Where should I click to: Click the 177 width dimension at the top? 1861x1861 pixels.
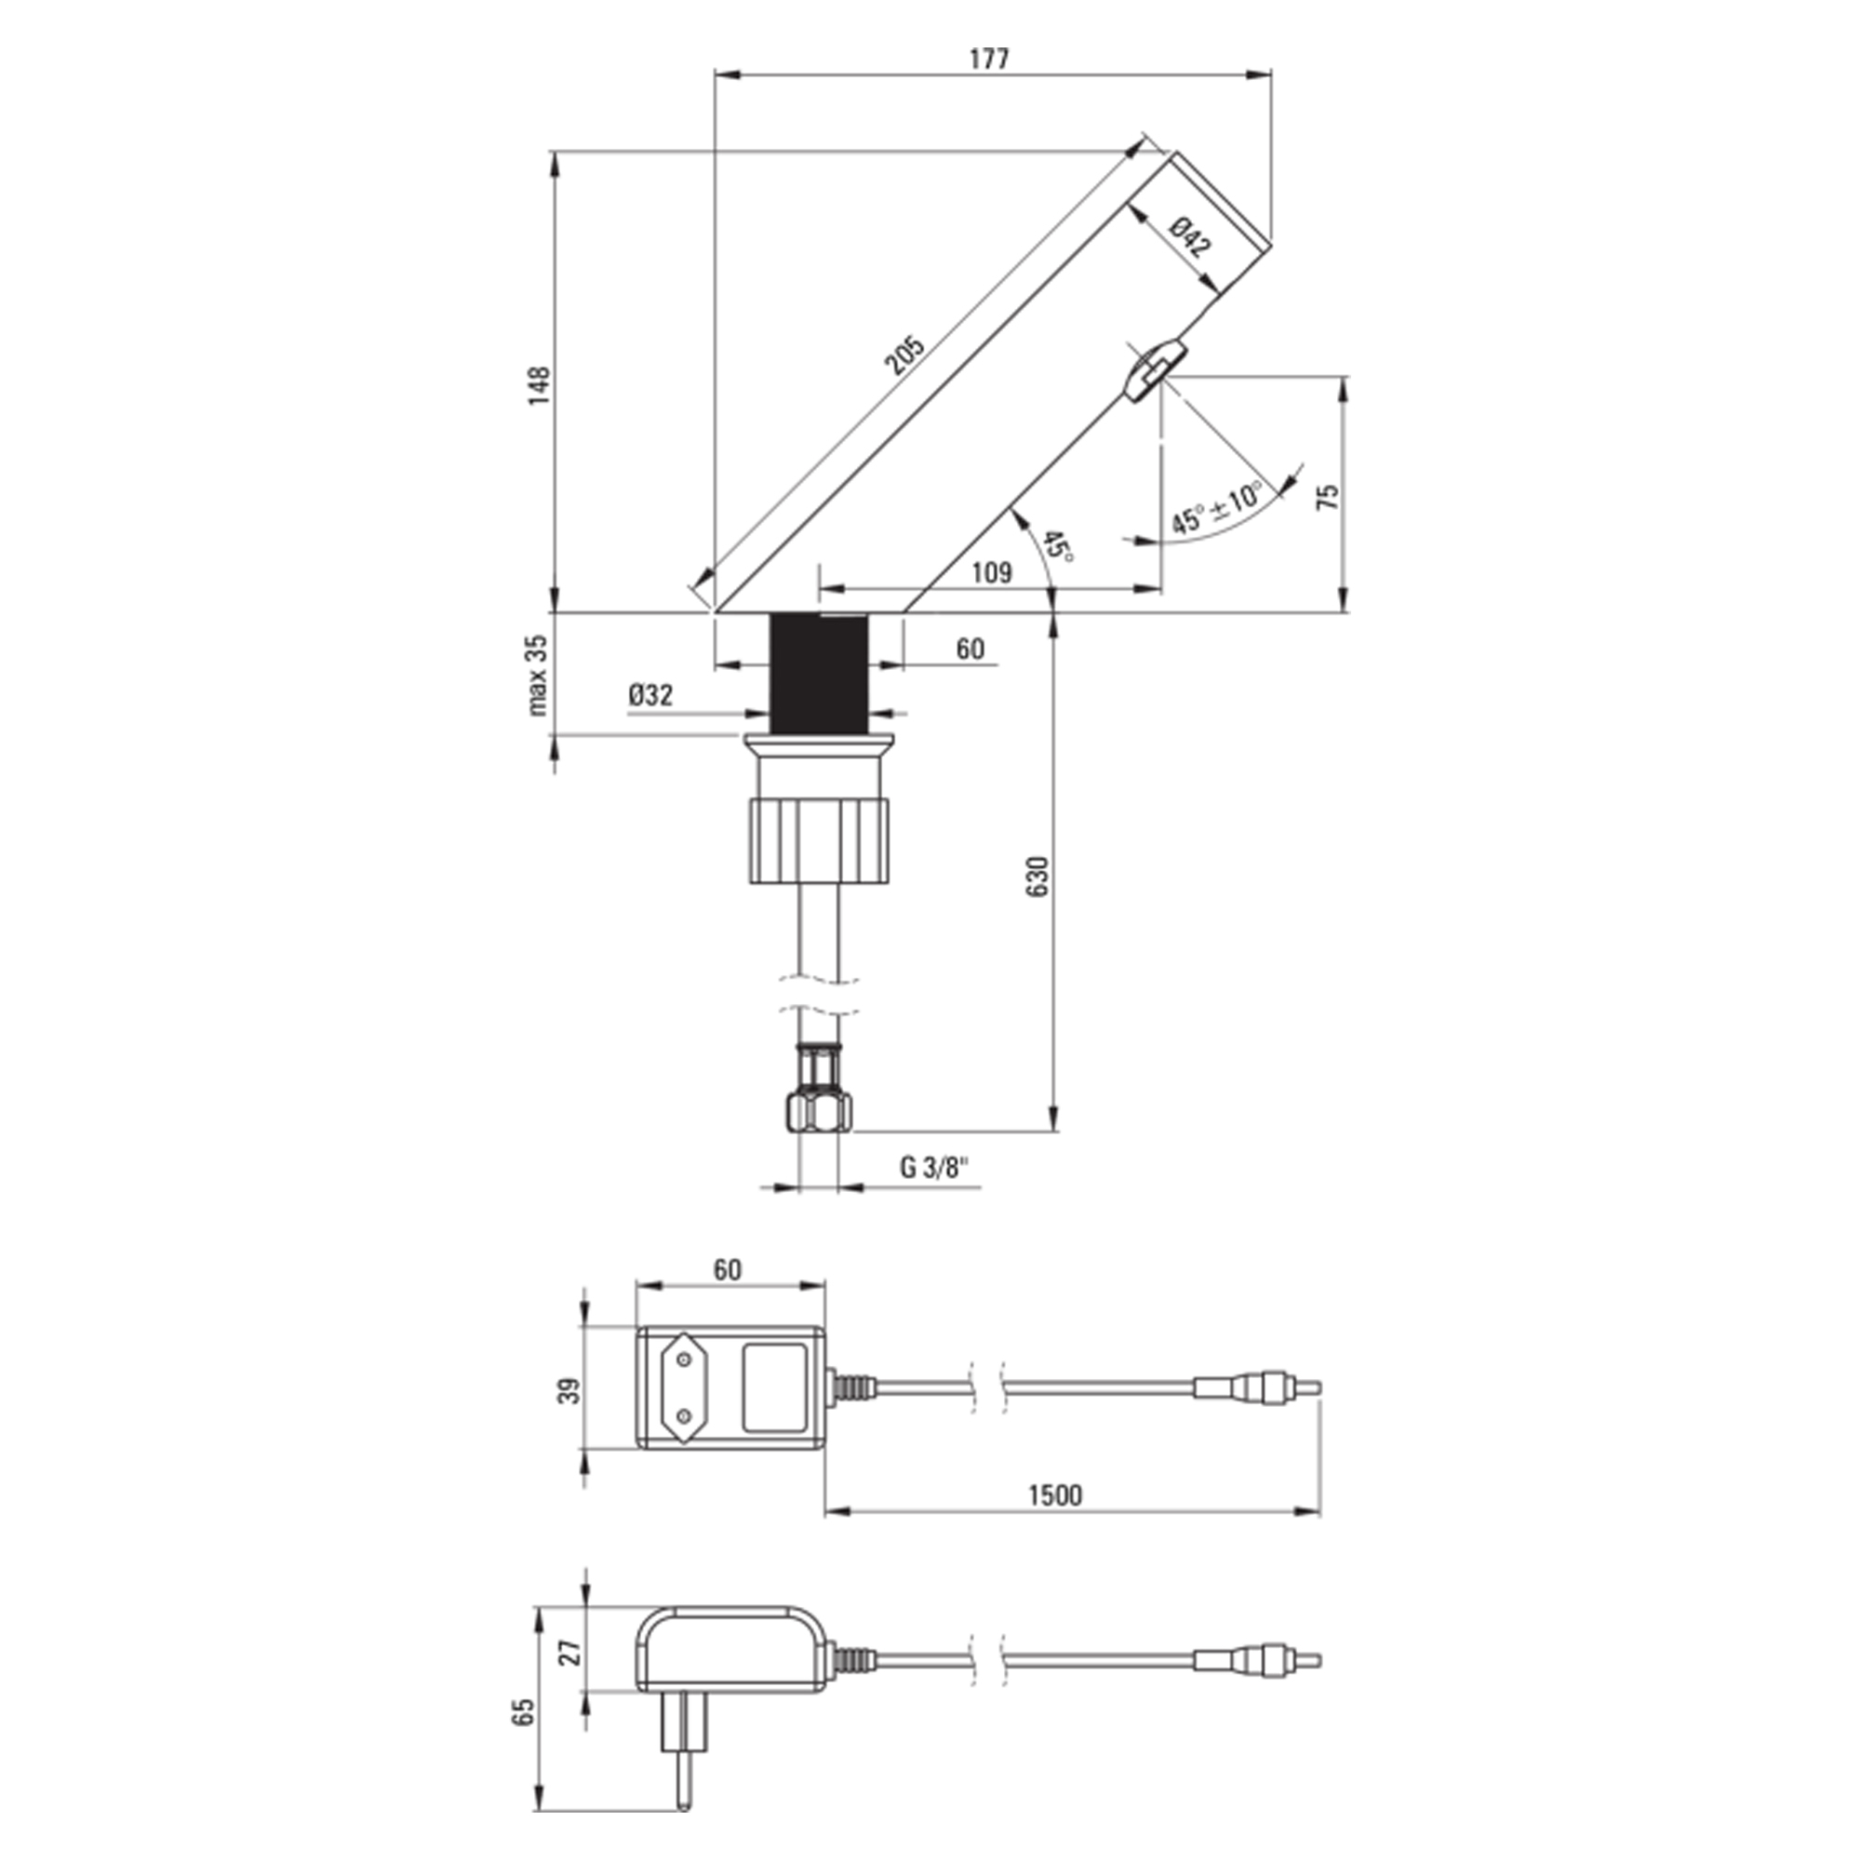tap(989, 59)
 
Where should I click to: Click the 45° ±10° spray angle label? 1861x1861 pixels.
tap(1215, 508)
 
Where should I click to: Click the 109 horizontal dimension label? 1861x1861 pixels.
tap(991, 572)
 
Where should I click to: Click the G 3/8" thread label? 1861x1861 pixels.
tap(934, 1167)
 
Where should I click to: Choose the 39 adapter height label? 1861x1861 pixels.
tap(570, 1391)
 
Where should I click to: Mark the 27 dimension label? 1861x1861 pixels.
tap(570, 1653)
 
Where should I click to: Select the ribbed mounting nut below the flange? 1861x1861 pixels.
tap(818, 838)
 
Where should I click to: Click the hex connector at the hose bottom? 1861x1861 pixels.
tap(820, 1111)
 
